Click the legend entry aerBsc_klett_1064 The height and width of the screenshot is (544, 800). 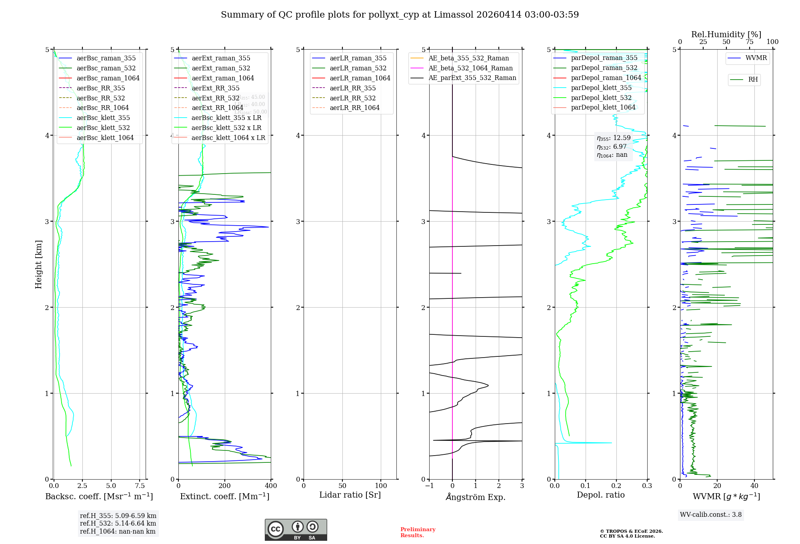coord(105,138)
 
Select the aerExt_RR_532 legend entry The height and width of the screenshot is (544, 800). coord(215,98)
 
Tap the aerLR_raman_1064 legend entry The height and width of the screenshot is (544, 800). coord(360,78)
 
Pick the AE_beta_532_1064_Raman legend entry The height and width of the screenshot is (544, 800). coord(470,68)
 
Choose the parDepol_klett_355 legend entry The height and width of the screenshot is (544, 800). coord(601,88)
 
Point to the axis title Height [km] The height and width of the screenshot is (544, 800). coord(38,264)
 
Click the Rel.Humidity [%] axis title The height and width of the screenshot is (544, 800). coord(726,34)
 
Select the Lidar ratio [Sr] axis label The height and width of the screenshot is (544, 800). coord(350,495)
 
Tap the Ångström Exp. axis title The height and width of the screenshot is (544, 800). coord(476,497)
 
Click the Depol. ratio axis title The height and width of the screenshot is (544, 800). coord(600,495)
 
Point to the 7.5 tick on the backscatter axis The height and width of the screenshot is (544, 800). coord(140,486)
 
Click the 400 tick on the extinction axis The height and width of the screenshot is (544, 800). coord(271,486)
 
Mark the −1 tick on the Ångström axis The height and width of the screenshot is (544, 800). coord(429,486)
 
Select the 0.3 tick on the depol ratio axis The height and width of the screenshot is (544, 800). coord(647,486)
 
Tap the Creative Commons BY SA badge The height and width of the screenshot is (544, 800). coord(296,530)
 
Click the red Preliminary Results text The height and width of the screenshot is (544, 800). coord(418,532)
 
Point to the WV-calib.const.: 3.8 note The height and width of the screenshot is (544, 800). coord(710,514)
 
